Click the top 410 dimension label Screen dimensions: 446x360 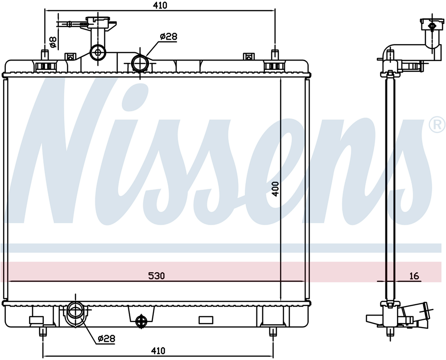tap(160, 5)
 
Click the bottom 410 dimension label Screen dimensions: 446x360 tap(158, 351)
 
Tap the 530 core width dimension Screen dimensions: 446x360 tap(157, 276)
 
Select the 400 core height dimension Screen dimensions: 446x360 tap(275, 189)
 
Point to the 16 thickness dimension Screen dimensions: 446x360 tap(414, 276)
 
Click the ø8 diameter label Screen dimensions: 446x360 tap(53, 42)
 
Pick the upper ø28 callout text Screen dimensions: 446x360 tap(169, 37)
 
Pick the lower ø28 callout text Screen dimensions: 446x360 tap(107, 339)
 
